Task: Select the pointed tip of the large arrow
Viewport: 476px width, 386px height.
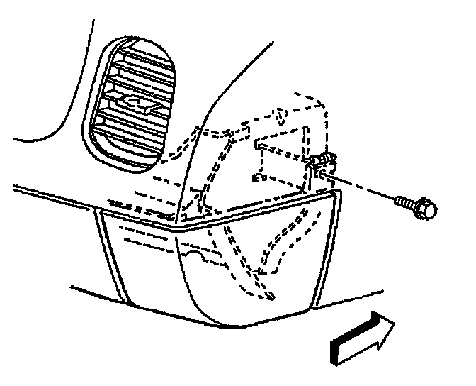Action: (x=393, y=327)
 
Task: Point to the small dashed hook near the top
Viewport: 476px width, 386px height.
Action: (x=280, y=114)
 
